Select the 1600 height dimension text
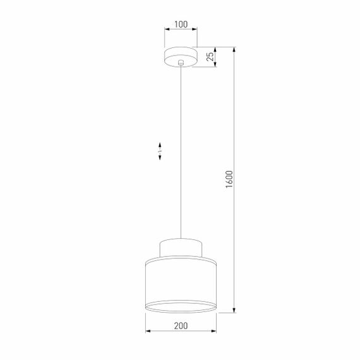tap(229, 179)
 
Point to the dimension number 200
tap(181, 326)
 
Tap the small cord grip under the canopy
tap(181, 63)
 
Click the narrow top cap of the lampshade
tap(181, 247)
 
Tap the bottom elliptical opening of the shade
tap(181, 308)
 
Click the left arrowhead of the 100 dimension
tap(166, 29)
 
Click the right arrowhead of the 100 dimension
tap(195, 29)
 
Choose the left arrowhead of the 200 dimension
tap(147, 331)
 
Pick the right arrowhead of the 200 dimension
tap(215, 331)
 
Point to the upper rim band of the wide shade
tap(181, 259)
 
